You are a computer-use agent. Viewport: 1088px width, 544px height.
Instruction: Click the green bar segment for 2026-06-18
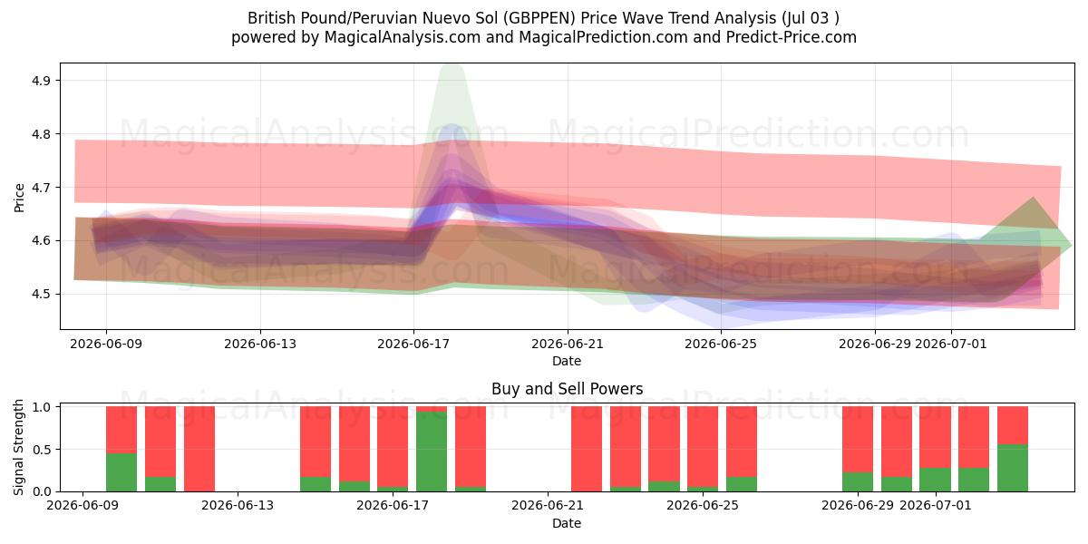click(432, 452)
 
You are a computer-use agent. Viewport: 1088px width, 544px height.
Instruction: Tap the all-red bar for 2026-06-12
click(199, 449)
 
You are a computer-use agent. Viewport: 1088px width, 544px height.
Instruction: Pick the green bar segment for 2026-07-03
click(1013, 468)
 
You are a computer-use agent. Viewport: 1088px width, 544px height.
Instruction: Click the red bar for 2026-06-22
click(587, 449)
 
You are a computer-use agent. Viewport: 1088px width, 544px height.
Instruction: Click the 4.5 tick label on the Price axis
click(42, 295)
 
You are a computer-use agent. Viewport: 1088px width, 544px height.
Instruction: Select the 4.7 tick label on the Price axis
click(42, 188)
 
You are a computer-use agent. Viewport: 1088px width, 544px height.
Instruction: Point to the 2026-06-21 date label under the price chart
click(568, 344)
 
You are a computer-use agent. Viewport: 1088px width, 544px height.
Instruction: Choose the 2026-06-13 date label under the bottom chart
click(238, 505)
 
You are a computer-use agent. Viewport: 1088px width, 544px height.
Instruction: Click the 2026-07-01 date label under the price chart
click(951, 344)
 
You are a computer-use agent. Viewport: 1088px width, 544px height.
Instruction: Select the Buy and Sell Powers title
click(568, 389)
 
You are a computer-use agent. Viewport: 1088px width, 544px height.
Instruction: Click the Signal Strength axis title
click(18, 447)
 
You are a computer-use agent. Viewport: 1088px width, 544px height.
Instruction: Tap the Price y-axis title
click(19, 198)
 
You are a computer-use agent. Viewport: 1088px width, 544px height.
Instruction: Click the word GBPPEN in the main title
click(539, 18)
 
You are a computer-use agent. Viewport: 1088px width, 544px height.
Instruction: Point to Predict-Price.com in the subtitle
click(792, 37)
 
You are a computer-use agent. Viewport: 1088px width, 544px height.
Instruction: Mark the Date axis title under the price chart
click(567, 361)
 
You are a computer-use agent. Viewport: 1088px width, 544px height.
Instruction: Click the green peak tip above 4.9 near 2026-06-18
click(452, 65)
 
